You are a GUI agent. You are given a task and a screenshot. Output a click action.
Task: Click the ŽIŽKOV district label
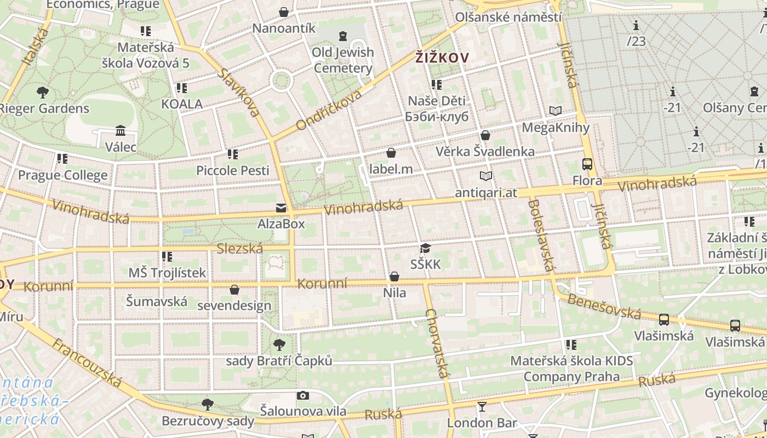442,57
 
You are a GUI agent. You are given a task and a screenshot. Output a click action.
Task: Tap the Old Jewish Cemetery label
343,60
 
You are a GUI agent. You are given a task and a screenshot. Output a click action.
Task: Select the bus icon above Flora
587,164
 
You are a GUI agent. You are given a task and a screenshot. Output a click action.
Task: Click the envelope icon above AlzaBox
281,208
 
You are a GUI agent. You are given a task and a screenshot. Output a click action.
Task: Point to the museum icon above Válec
121,130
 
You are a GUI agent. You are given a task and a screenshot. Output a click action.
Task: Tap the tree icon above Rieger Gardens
43,92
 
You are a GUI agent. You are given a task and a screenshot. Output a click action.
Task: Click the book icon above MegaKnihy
556,111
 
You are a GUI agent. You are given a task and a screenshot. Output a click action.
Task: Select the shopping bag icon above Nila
394,276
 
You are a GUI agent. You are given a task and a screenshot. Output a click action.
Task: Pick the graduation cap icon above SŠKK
425,249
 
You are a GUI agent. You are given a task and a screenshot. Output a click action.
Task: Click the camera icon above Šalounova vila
303,395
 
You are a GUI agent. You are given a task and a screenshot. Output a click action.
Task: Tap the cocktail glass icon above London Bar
482,406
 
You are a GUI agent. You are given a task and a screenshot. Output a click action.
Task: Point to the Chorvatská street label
437,344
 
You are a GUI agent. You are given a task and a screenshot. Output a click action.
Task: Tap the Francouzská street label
88,362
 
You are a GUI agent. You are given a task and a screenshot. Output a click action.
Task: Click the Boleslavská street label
540,235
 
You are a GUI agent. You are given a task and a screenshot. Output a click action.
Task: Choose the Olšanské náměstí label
508,17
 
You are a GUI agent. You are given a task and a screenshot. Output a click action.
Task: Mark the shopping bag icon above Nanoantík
284,12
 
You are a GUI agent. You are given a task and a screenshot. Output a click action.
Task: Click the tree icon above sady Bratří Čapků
279,345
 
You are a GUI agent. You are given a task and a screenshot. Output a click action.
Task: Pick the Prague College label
63,175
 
